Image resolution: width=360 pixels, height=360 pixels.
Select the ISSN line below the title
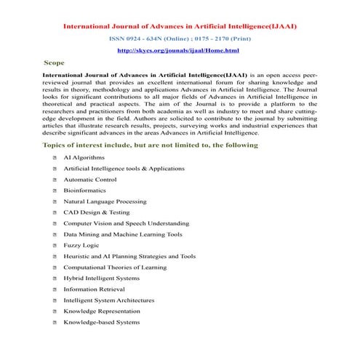pos(180,39)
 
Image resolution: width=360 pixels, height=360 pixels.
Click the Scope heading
pos(55,63)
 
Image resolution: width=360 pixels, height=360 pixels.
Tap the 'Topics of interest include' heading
pos(151,145)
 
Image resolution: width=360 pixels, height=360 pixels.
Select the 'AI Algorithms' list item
pos(84,157)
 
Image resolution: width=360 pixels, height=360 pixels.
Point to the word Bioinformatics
pos(84,190)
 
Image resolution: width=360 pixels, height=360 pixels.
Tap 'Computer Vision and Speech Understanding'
pos(126,223)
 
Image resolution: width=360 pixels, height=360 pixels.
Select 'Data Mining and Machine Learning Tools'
pos(122,234)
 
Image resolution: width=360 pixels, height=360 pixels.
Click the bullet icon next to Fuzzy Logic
pos(46,245)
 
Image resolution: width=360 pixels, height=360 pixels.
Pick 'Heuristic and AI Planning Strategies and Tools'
pos(129,256)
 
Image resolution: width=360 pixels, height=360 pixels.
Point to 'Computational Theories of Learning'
pos(115,267)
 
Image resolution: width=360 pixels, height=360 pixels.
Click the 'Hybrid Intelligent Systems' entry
pos(101,278)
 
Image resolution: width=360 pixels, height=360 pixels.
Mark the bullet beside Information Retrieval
pos(46,289)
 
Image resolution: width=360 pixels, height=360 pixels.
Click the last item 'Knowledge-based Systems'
pos(101,321)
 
